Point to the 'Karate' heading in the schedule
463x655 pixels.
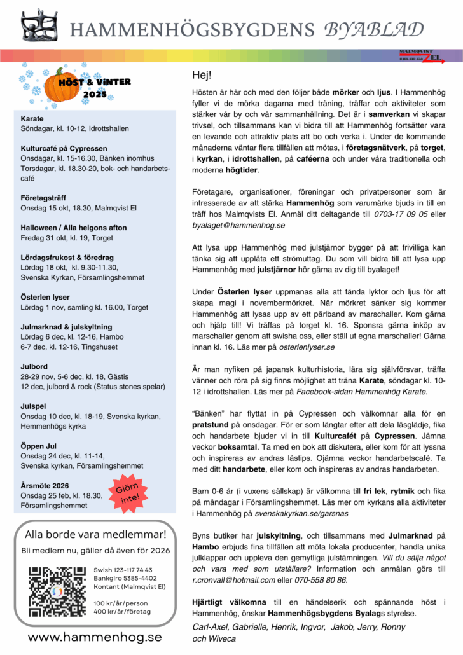click(32, 119)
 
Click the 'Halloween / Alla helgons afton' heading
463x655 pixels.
click(71, 228)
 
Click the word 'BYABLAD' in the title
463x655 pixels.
click(373, 29)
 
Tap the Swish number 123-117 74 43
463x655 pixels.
click(123, 570)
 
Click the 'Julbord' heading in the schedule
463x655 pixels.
click(34, 366)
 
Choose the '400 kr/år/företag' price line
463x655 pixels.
click(122, 611)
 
